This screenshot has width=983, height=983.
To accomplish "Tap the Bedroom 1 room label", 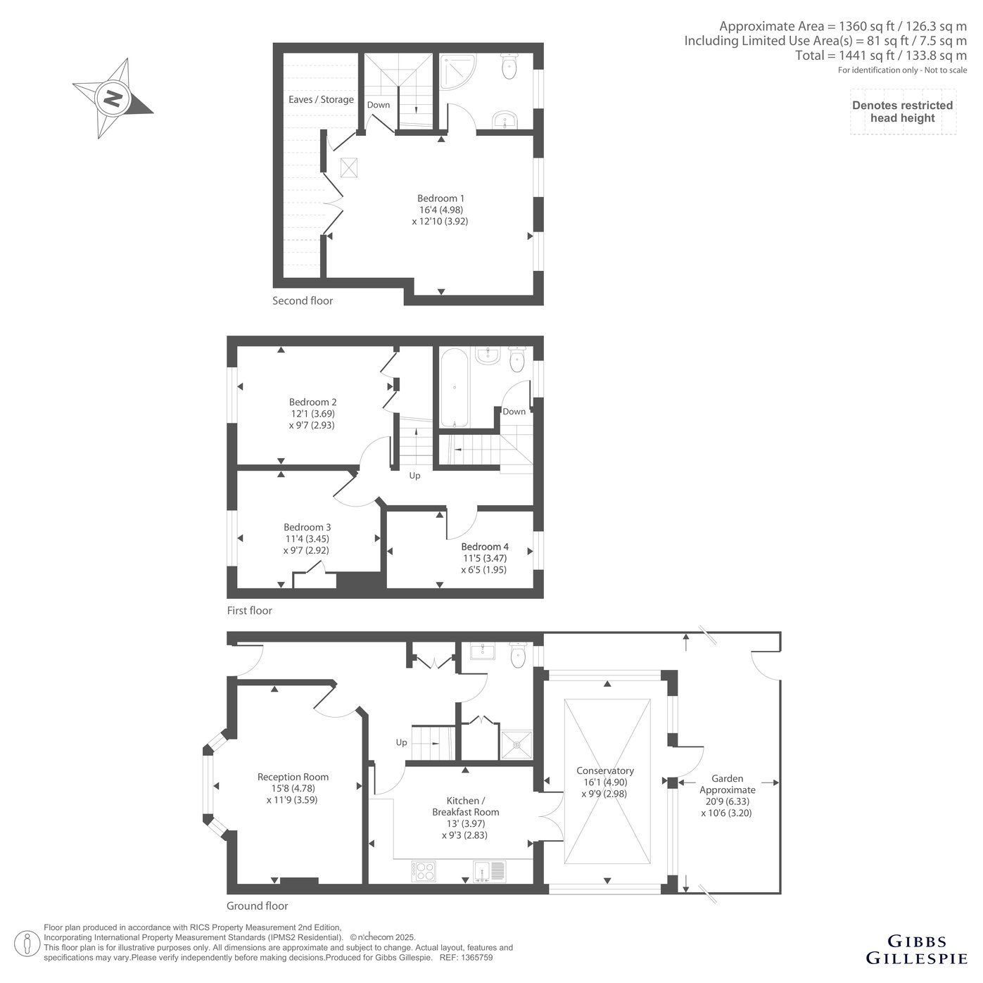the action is pos(440,198).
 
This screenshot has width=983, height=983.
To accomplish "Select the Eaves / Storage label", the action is pos(321,99).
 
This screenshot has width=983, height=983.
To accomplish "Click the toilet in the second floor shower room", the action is pos(509,66).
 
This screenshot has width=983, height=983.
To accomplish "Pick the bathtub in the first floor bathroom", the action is pos(453,388).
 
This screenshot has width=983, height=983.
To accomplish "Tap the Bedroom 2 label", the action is pos(312,402).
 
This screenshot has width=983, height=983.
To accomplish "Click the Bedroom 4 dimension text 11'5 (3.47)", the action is pos(485,558).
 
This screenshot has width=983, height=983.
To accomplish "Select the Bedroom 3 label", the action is pos(307,527).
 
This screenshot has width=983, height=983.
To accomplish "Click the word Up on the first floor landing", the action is pos(414,476).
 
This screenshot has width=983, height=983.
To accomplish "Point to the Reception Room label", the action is pos(293,776).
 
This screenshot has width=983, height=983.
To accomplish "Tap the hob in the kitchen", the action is pos(424,871).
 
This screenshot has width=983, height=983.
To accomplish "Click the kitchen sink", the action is pos(490,871).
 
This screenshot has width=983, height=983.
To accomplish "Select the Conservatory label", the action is pos(605,770).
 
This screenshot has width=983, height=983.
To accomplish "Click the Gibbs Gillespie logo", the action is pos(917,950).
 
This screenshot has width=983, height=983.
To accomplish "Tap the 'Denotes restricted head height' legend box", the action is pos(902,112).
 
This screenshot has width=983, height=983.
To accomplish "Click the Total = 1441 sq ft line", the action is pos(881,55).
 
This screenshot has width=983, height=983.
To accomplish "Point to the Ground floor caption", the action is pos(257,906).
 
